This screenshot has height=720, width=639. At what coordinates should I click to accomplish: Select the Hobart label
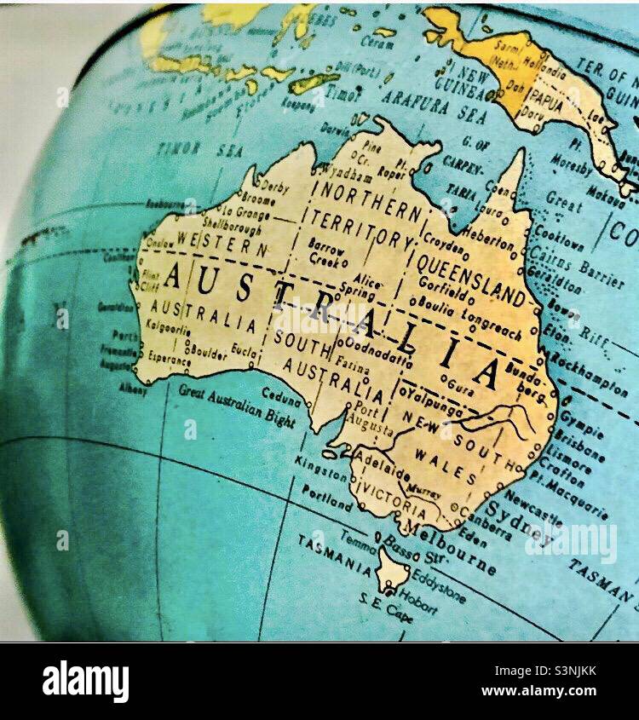tap(418, 602)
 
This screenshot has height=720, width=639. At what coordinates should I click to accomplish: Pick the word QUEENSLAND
tap(471, 279)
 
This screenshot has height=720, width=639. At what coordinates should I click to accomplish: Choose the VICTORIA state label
tap(394, 501)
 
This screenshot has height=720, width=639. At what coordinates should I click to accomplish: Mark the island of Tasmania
tap(393, 569)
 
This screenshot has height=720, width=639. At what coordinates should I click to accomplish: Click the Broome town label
tap(257, 199)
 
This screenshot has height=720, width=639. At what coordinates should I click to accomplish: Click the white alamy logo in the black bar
tap(86, 681)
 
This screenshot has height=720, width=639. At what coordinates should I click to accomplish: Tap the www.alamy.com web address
tap(538, 690)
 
